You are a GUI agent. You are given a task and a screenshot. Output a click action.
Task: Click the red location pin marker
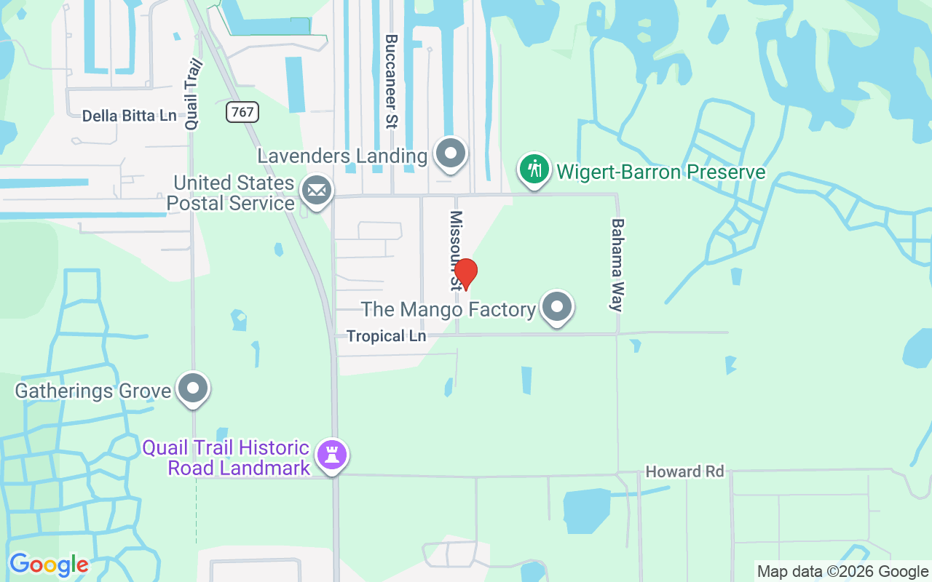point(465,274)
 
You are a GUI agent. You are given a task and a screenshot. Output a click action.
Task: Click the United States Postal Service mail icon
point(317,191)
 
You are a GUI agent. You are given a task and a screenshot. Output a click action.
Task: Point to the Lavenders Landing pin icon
point(451,154)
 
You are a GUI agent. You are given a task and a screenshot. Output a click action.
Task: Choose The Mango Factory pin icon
point(557,307)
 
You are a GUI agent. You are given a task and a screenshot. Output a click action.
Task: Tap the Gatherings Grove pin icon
point(193,388)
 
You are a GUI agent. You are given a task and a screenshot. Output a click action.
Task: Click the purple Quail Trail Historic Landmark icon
point(333,455)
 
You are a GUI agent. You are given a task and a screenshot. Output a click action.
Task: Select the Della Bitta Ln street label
point(129,116)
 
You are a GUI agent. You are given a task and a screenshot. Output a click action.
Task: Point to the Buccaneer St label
point(391,81)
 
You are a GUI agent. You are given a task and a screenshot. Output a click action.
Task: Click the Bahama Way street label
point(617,265)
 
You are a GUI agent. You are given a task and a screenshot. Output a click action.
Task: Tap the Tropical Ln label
point(386,336)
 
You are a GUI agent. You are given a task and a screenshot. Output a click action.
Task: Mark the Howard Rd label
point(684,472)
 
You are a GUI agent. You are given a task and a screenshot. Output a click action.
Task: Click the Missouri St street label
point(457,250)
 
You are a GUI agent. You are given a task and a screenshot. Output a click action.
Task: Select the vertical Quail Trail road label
point(193,95)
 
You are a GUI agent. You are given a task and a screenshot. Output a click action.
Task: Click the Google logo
point(49,565)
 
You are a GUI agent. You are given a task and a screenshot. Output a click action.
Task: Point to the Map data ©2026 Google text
point(842,572)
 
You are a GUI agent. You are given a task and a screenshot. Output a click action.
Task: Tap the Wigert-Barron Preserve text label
point(661,172)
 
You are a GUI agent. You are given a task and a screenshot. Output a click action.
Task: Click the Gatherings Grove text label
point(93,391)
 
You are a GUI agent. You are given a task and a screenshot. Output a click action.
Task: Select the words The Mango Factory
point(449,309)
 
